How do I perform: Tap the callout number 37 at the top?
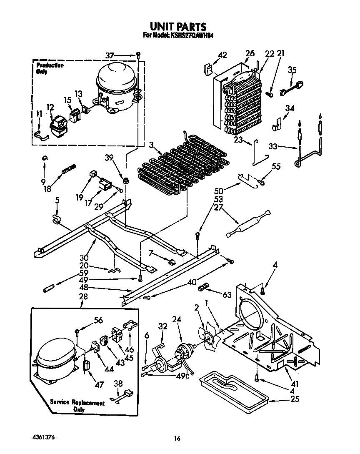click(x=110, y=55)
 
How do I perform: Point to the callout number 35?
click(x=292, y=70)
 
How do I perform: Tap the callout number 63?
click(x=227, y=295)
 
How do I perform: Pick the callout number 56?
click(x=98, y=321)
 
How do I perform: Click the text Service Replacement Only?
click(x=78, y=406)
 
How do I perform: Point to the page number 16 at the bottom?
click(x=177, y=438)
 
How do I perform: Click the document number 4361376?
click(x=43, y=437)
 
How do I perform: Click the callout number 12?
click(x=50, y=108)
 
